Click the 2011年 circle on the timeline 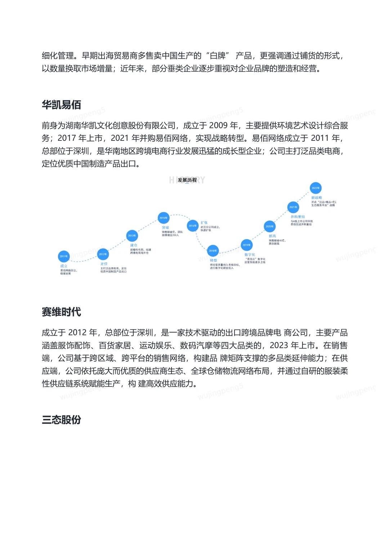(64, 256)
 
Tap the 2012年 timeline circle (103, 254)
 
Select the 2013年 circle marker (132, 236)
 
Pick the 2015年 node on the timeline (164, 218)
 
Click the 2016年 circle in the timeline (193, 226)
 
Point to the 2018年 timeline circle (213, 251)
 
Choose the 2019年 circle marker (246, 245)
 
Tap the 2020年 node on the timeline (269, 227)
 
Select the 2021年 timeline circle (293, 207)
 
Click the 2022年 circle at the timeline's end (316, 188)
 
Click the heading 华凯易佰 (61, 105)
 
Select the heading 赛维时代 (61, 312)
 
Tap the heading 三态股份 (61, 420)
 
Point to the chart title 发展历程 (187, 180)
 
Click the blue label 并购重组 (298, 217)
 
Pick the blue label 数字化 (250, 255)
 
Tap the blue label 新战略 (317, 198)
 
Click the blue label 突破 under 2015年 (165, 228)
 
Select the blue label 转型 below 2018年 (214, 260)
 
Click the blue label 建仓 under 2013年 (134, 245)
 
